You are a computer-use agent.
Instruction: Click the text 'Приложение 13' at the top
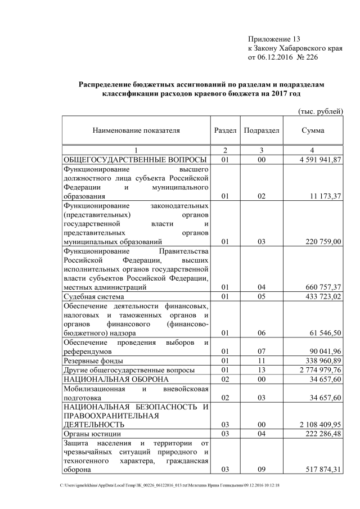(x=274, y=39)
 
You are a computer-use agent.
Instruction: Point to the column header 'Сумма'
(x=313, y=130)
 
